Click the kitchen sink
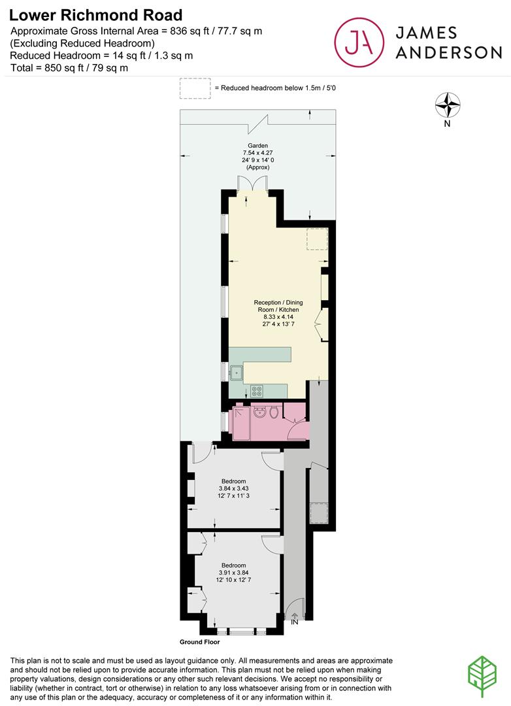236,373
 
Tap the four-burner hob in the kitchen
257,392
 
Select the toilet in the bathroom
273,412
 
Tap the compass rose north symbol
448,105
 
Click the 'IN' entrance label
294,623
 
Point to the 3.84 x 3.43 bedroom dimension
233,488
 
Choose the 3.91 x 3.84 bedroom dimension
233,573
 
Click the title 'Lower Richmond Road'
96,14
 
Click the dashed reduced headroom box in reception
317,239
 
